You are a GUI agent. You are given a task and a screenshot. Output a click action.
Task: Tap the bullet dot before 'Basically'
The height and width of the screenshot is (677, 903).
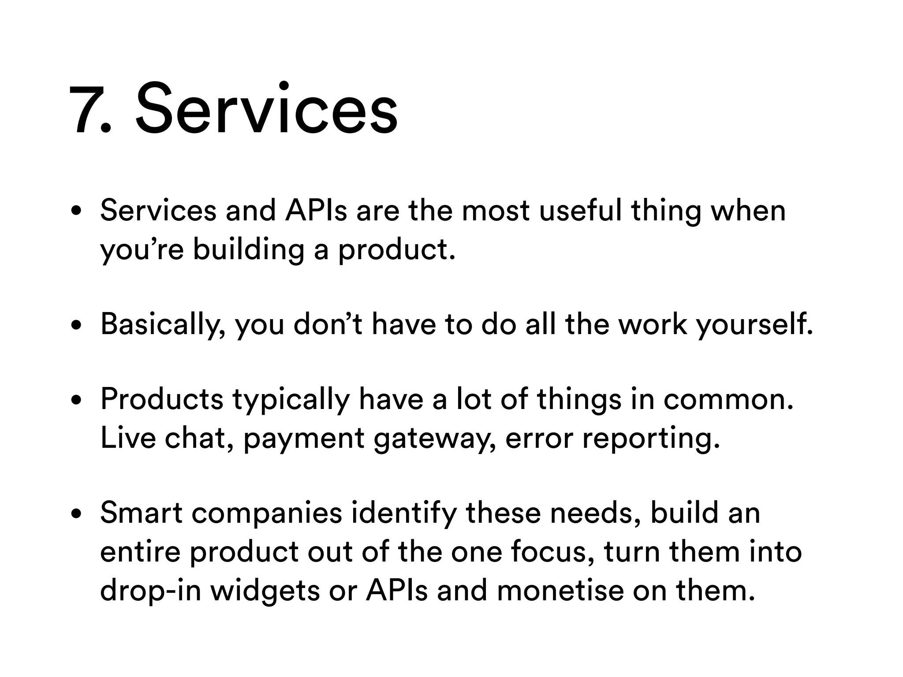point(77,325)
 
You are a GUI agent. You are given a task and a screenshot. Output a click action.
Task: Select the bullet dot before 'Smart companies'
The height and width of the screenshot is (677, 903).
point(77,514)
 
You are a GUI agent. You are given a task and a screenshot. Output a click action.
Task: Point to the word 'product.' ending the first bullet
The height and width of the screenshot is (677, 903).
point(396,249)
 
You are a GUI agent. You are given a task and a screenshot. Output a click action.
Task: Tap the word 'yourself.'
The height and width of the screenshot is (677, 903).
point(754,325)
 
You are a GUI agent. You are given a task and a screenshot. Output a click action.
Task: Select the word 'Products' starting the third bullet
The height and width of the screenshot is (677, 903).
point(162,399)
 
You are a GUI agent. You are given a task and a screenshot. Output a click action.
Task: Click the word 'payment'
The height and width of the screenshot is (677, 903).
point(304,439)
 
